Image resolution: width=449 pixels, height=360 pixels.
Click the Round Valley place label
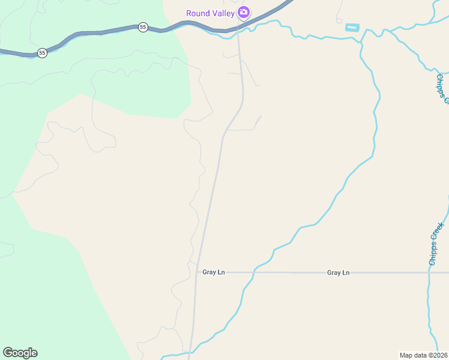point(210,13)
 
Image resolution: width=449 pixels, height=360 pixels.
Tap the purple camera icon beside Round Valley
point(243,12)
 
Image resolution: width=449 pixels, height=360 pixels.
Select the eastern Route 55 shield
point(143,27)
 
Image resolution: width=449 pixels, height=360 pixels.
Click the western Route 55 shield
point(42,53)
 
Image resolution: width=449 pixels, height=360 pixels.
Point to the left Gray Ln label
point(213,272)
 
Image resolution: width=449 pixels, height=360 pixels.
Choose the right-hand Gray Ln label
point(338,272)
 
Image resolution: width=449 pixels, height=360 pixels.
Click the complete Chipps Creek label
point(436,244)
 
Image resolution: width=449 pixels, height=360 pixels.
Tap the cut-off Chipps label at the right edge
point(442,88)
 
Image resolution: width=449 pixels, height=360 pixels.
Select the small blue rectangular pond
point(352,28)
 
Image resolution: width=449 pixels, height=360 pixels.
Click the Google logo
point(20,353)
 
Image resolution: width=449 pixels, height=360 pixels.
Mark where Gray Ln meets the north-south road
point(196,272)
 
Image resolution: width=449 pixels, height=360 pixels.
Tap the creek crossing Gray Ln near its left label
point(253,272)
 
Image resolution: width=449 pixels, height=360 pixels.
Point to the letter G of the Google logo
point(8,353)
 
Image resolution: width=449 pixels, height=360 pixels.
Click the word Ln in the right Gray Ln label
point(346,272)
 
